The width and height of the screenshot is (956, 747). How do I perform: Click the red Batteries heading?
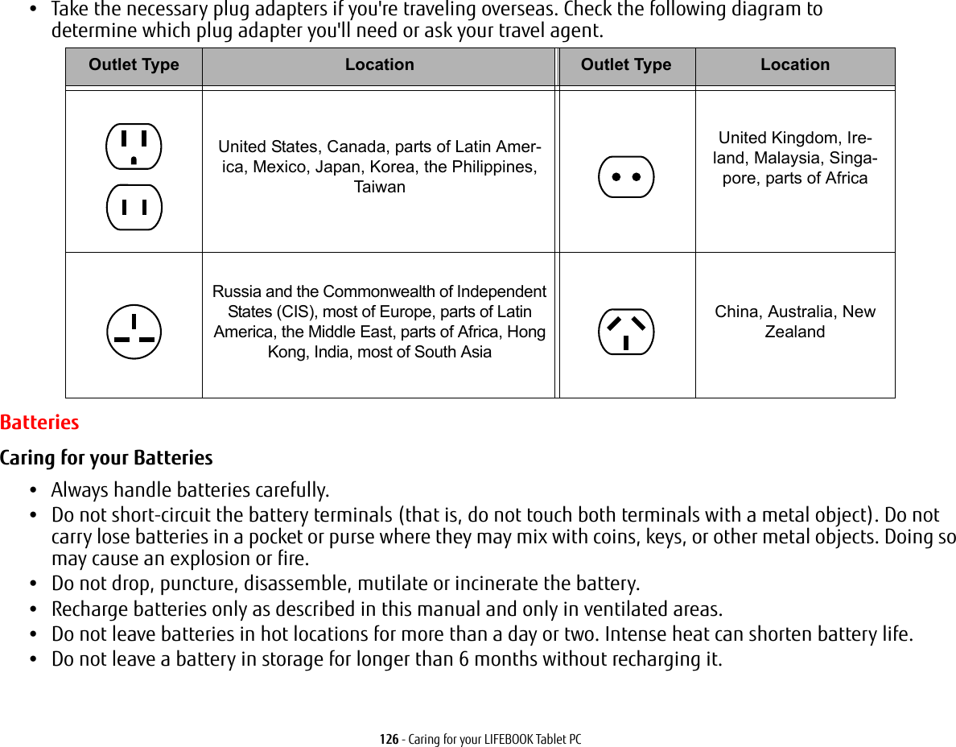(x=39, y=422)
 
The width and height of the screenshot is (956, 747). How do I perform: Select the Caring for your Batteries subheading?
(x=106, y=458)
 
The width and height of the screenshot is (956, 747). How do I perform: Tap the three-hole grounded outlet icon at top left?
(x=134, y=147)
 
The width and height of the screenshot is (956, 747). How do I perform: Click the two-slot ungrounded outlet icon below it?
(x=134, y=207)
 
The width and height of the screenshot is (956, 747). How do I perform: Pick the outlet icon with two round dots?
(x=626, y=177)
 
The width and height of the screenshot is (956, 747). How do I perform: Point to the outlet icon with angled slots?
(x=626, y=331)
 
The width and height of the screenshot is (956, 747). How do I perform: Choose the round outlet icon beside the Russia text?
(x=134, y=331)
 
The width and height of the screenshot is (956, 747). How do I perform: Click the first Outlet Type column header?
(x=134, y=65)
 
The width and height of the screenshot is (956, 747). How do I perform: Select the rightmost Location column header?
(x=794, y=65)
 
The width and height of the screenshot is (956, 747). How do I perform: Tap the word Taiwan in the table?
(x=380, y=187)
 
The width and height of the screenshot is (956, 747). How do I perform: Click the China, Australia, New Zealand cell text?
(x=794, y=321)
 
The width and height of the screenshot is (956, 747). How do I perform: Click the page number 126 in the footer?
(x=389, y=739)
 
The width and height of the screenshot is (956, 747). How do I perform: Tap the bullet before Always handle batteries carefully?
(x=32, y=490)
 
